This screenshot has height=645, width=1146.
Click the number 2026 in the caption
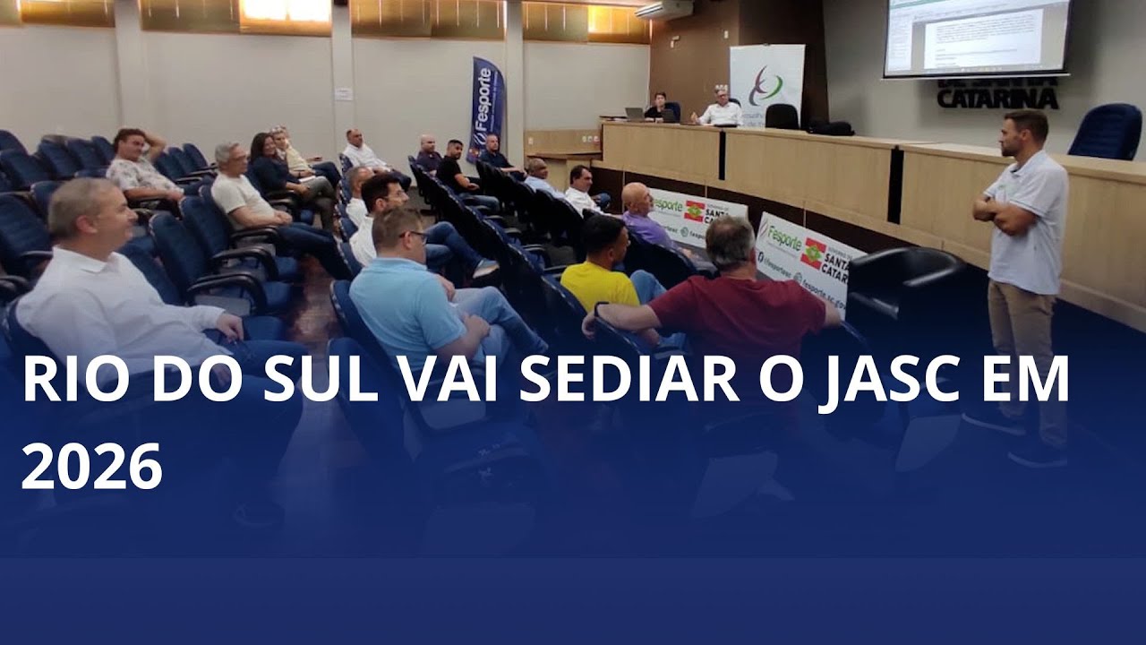(91, 466)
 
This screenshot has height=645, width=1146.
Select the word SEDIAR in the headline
(629, 380)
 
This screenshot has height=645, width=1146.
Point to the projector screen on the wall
(976, 38)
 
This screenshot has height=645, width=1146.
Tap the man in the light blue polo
(412, 296)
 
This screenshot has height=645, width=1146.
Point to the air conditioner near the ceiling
(663, 10)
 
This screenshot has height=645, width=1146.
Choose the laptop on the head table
(635, 114)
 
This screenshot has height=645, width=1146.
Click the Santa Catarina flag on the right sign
(813, 254)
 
